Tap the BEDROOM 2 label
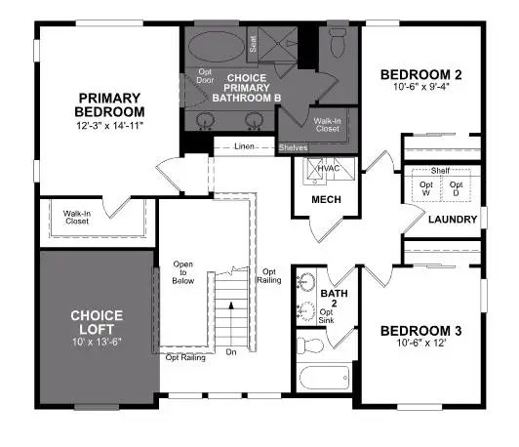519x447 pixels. pos(420,74)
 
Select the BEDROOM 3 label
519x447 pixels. pos(420,331)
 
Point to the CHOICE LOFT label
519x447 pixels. pos(97,323)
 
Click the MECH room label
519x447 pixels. pos(324,200)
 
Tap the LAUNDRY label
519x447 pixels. pos(454,219)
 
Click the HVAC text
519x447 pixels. pos(327,168)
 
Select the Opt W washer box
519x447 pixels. pos(426,187)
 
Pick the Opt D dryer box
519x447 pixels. pos(456,187)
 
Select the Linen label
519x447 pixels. pos(246,147)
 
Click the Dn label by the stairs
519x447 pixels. pos(230,352)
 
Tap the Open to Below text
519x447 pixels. pos(183,272)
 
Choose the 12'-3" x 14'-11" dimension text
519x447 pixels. pos(110,125)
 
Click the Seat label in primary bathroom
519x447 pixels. pos(253,44)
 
